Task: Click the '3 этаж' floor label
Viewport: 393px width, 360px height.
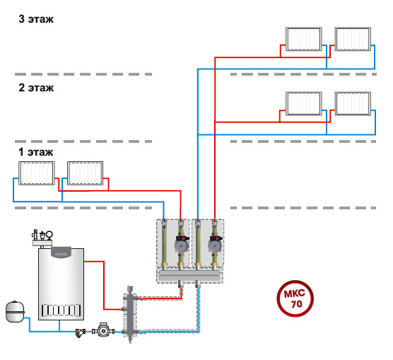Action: [36, 19]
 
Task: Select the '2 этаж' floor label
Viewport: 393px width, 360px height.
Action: [36, 88]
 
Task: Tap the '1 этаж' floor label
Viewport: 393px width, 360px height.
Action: [36, 152]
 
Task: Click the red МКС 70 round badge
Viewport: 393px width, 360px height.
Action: [295, 298]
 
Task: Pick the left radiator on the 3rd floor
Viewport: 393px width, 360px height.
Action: [304, 39]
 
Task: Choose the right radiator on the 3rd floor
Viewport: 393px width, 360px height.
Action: [353, 39]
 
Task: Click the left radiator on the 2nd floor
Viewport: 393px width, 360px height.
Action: [304, 104]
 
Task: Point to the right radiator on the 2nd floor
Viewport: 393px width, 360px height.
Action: [353, 104]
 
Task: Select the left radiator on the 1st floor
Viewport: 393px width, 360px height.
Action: [37, 173]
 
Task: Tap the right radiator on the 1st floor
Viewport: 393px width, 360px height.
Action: [86, 173]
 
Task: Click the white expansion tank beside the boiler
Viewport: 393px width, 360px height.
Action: [15, 312]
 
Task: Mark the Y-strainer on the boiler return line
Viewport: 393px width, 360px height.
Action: [81, 333]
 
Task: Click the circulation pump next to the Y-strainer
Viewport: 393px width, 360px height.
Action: [103, 330]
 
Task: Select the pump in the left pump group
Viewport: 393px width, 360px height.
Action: [182, 244]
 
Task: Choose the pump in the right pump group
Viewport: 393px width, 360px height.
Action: [216, 244]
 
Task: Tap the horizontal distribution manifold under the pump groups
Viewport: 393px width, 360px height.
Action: [189, 275]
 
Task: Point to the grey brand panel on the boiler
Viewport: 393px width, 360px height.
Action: [61, 252]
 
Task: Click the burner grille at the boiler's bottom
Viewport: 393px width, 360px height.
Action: [61, 310]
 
